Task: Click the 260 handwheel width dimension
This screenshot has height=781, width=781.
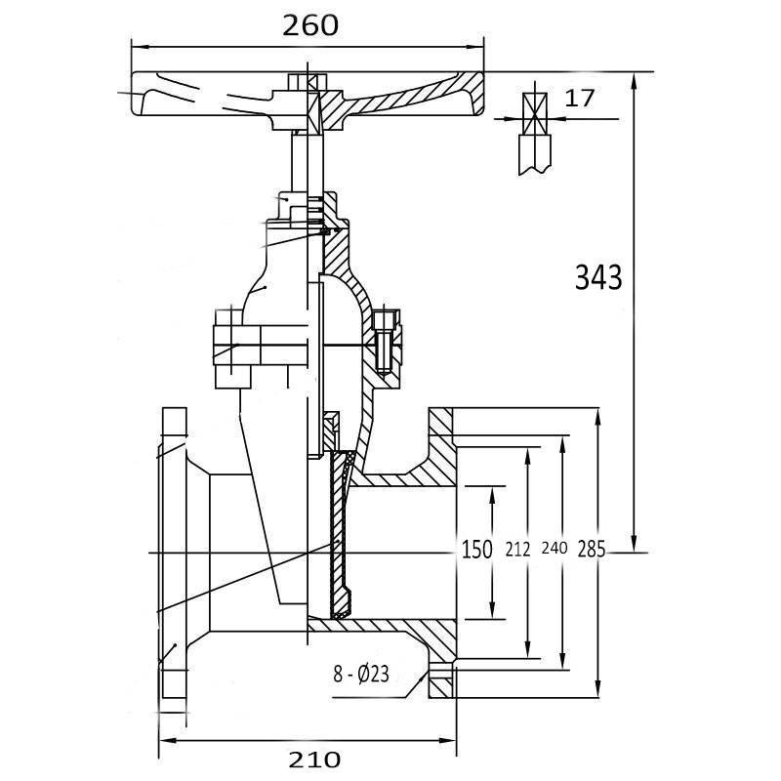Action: pyautogui.click(x=310, y=25)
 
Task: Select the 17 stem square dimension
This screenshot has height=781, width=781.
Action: pyautogui.click(x=579, y=98)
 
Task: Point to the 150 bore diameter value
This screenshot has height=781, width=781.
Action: pyautogui.click(x=476, y=550)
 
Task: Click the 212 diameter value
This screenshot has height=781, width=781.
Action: pyautogui.click(x=517, y=550)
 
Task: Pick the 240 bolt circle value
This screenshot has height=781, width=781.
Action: pyautogui.click(x=554, y=550)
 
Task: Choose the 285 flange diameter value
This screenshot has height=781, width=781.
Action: pyautogui.click(x=592, y=550)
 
